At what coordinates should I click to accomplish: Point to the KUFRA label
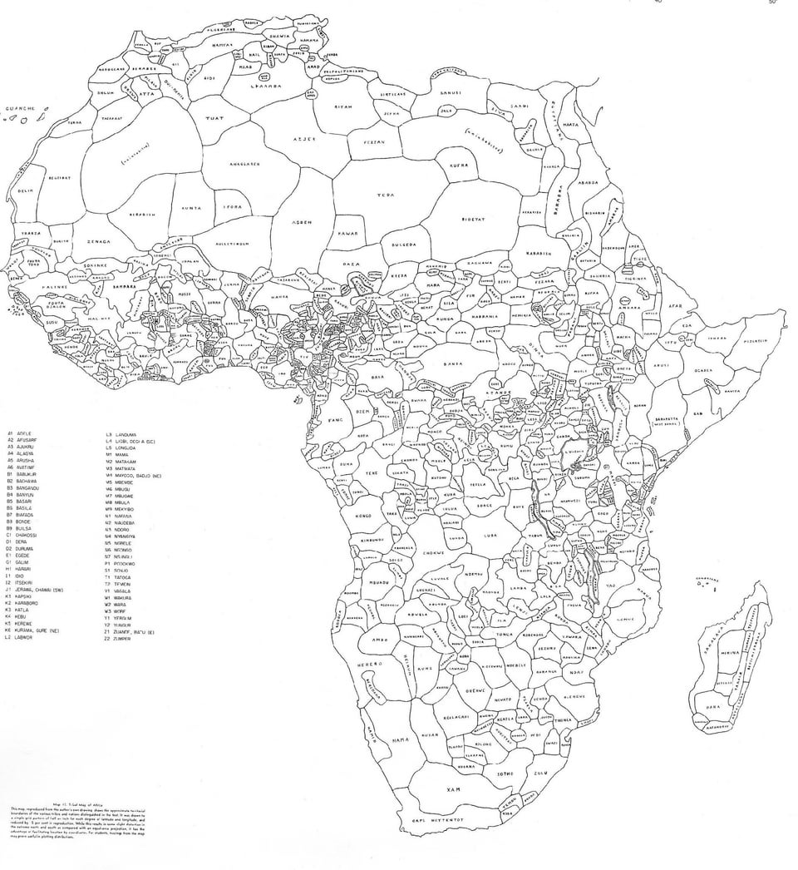tap(459, 165)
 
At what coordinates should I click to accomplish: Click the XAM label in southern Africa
tap(453, 788)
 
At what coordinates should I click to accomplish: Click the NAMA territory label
tap(402, 739)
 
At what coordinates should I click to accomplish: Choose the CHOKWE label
tap(433, 551)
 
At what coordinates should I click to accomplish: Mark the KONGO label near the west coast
tap(364, 516)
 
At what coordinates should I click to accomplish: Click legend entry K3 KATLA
tap(23, 609)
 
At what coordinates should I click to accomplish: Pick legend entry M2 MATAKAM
tap(126, 462)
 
